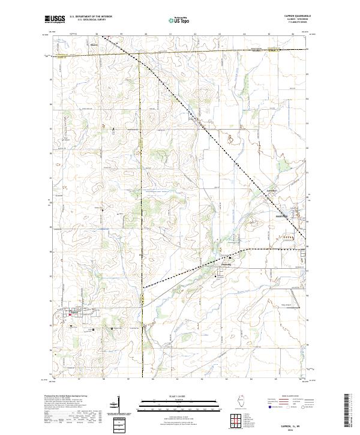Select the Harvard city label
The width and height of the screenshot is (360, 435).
click(281, 215)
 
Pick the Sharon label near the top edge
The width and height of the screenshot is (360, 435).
click(94, 44)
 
